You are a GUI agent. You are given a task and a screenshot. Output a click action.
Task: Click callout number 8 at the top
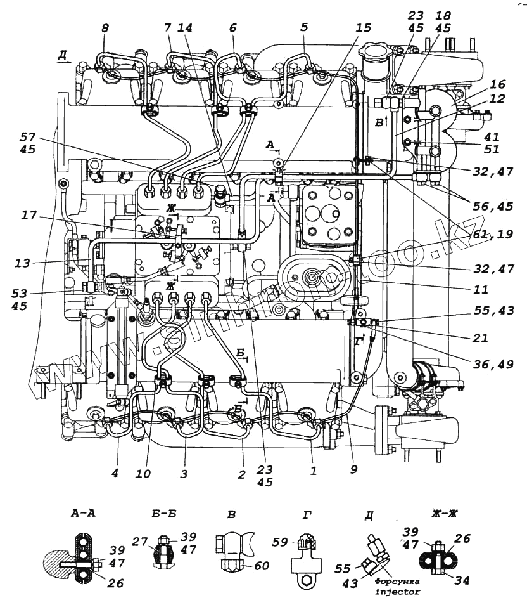[x=105, y=28]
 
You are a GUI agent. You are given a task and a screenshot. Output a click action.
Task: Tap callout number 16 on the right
[x=498, y=84]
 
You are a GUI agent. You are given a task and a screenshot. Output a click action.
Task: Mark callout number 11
[x=481, y=290]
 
